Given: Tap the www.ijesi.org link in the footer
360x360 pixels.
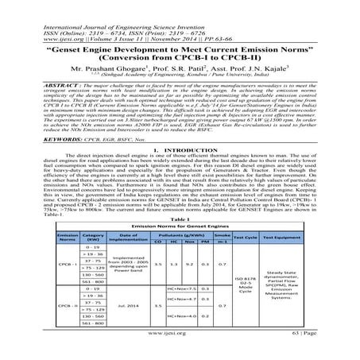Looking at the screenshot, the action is coord(180,354).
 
